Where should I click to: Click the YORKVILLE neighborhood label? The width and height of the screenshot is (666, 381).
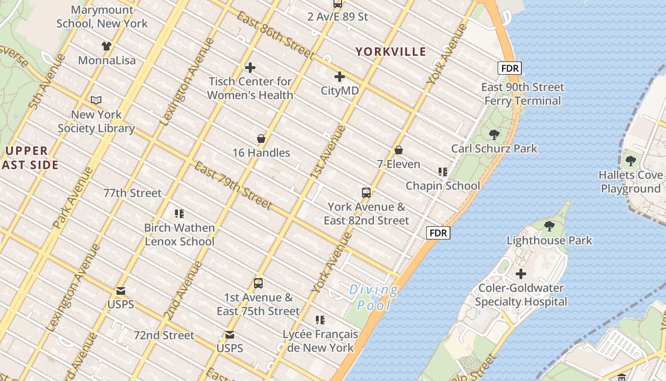pyautogui.click(x=391, y=51)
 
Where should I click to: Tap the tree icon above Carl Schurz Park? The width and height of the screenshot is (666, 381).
pyautogui.click(x=494, y=135)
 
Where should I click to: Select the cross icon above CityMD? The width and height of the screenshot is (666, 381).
pyautogui.click(x=340, y=76)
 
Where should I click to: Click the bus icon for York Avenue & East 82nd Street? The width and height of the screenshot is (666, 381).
pyautogui.click(x=366, y=193)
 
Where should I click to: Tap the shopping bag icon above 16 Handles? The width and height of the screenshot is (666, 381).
pyautogui.click(x=261, y=139)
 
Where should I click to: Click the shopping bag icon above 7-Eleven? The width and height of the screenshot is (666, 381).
pyautogui.click(x=399, y=150)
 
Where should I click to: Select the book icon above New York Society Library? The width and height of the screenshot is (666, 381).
pyautogui.click(x=96, y=100)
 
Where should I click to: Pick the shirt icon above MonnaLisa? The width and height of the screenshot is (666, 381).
pyautogui.click(x=107, y=46)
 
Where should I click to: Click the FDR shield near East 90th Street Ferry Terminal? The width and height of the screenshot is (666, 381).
pyautogui.click(x=509, y=68)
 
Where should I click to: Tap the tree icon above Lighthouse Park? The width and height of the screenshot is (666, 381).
pyautogui.click(x=549, y=226)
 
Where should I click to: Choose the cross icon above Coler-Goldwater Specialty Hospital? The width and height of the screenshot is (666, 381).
pyautogui.click(x=521, y=274)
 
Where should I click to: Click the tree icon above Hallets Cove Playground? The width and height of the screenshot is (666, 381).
pyautogui.click(x=631, y=161)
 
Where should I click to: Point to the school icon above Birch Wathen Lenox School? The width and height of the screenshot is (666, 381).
pyautogui.click(x=179, y=214)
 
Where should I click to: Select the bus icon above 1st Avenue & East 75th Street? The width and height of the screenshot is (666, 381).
pyautogui.click(x=258, y=283)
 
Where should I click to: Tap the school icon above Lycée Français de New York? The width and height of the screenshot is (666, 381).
pyautogui.click(x=320, y=320)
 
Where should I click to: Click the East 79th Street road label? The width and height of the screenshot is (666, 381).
pyautogui.click(x=233, y=185)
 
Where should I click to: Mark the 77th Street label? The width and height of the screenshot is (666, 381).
pyautogui.click(x=133, y=193)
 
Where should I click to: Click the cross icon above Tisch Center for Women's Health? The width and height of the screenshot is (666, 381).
pyautogui.click(x=250, y=68)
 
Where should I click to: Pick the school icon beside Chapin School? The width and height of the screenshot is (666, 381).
pyautogui.click(x=443, y=172)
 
